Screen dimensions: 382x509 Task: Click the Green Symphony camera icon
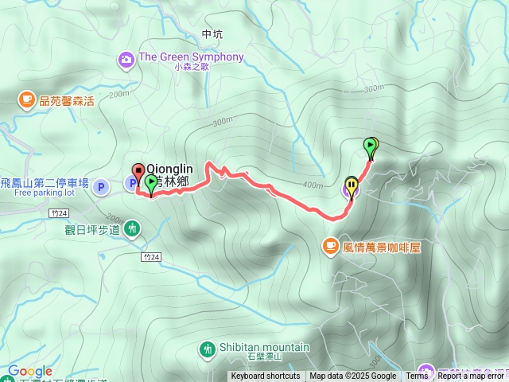click(x=126, y=58)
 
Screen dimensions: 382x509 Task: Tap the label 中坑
click(x=212, y=34)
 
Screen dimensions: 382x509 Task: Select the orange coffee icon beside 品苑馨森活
click(x=27, y=99)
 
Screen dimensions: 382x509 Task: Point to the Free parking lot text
click(x=45, y=193)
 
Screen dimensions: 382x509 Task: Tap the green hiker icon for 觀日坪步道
click(x=132, y=230)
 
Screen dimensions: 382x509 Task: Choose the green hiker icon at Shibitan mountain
click(x=208, y=349)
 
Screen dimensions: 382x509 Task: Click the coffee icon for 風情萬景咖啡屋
click(x=330, y=247)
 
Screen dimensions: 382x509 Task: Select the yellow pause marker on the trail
click(x=352, y=187)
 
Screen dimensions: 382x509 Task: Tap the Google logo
click(x=30, y=372)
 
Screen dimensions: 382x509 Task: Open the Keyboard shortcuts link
click(x=266, y=376)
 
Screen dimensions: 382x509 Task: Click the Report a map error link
click(x=472, y=376)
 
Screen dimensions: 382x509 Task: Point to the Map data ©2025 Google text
click(x=352, y=376)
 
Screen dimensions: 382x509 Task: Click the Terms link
click(x=417, y=376)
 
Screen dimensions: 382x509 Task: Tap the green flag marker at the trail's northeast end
click(x=371, y=146)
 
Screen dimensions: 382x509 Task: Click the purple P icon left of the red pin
click(x=101, y=187)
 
